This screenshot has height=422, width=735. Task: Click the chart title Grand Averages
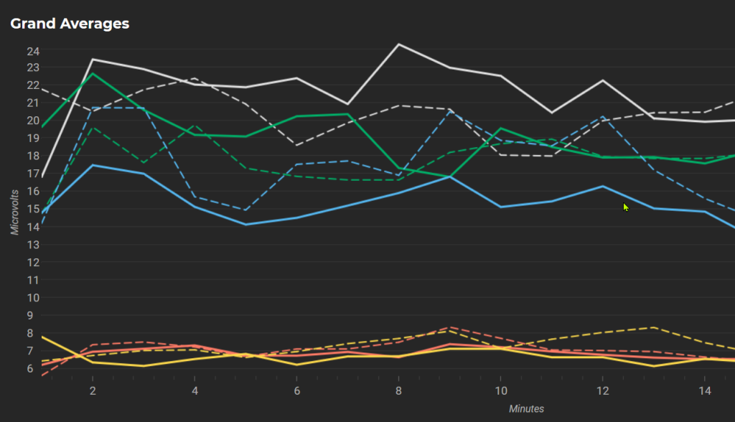[x=70, y=24]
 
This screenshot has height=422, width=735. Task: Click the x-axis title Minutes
[x=526, y=409]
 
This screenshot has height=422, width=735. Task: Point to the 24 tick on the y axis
[x=33, y=51]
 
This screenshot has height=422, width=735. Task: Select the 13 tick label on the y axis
[x=33, y=245]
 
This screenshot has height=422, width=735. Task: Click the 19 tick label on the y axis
[x=33, y=139]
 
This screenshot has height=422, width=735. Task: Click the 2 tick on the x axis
[x=93, y=390]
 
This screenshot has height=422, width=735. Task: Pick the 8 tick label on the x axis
[x=398, y=390]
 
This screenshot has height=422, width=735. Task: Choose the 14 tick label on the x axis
[x=704, y=390]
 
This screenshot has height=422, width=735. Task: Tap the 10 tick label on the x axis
[x=500, y=390]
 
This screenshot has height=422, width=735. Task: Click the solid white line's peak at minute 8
[x=398, y=44]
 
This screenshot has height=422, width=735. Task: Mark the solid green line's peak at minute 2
[x=93, y=73]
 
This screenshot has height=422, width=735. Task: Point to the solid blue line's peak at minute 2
[x=93, y=165]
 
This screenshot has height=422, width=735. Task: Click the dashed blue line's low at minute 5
[x=245, y=210]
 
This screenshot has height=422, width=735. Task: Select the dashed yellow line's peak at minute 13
[x=653, y=327]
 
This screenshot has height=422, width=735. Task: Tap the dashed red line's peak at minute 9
[x=449, y=327]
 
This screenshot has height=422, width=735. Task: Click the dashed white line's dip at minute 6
[x=296, y=145]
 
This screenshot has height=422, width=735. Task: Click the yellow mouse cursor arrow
[x=626, y=207]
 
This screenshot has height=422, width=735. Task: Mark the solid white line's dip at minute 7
[x=347, y=104]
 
